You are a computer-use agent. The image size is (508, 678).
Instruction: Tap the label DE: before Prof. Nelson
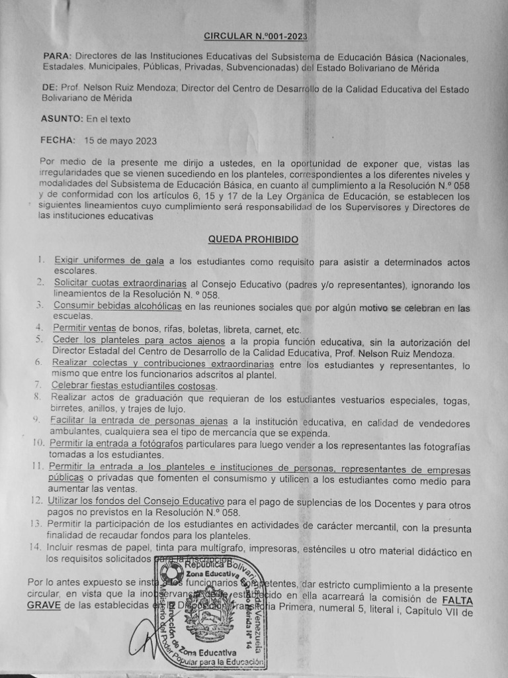49,87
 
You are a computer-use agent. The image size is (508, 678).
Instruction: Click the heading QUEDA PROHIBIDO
253,239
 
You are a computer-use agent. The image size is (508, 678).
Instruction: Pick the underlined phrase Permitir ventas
84,329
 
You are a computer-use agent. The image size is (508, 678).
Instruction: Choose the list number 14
35,546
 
